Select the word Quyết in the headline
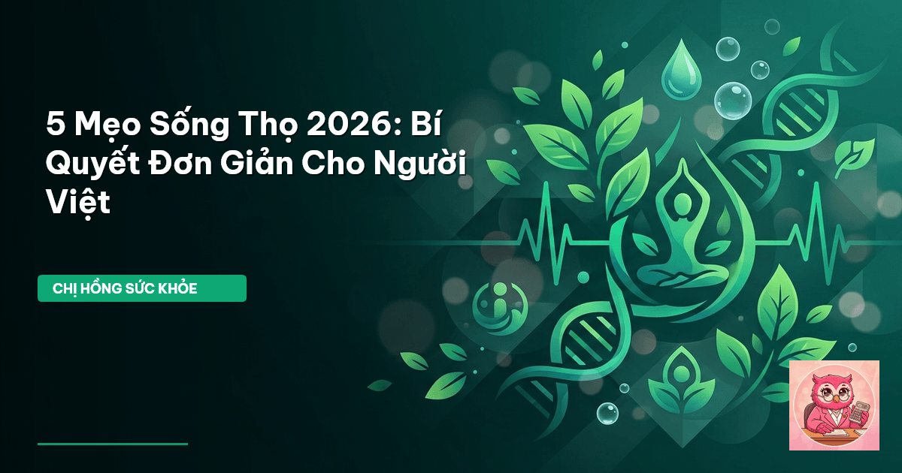[x=93, y=164]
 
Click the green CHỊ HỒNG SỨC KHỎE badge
[x=142, y=288]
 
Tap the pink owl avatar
[x=834, y=405]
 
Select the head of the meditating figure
[x=682, y=205]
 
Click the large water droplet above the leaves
[x=681, y=69]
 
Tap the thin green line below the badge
[x=113, y=444]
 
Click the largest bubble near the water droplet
[x=733, y=101]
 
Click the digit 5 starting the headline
[x=56, y=125]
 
